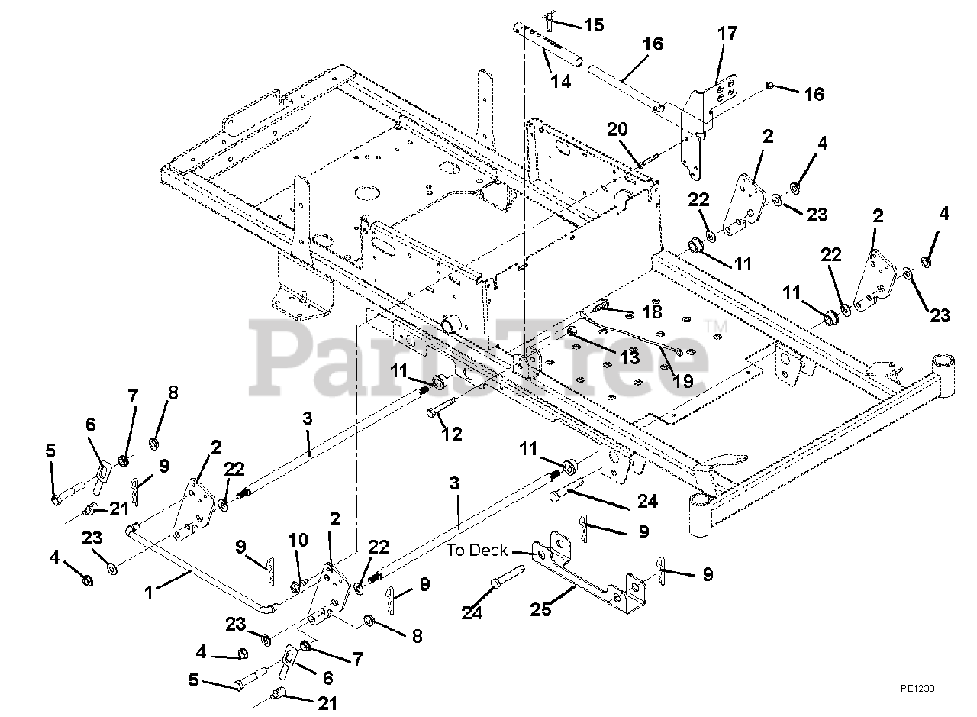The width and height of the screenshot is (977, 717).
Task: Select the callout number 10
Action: (x=298, y=541)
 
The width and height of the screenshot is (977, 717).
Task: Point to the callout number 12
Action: (x=452, y=434)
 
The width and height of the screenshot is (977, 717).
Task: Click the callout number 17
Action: (x=727, y=34)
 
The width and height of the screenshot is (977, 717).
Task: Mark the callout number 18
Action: (x=651, y=312)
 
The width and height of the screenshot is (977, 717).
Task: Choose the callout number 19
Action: (x=684, y=379)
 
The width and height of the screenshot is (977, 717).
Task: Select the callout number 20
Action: (x=617, y=129)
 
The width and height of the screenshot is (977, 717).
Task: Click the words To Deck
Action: (x=477, y=550)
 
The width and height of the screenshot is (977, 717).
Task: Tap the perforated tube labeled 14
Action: (x=543, y=46)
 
